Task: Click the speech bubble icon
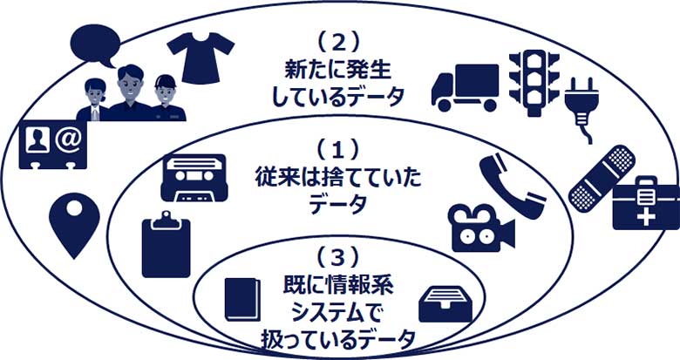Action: (93, 43)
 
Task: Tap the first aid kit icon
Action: (645, 202)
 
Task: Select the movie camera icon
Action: (479, 228)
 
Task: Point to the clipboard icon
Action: (166, 247)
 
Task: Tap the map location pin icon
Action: (69, 222)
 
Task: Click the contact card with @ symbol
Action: (51, 146)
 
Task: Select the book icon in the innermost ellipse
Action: (241, 299)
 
